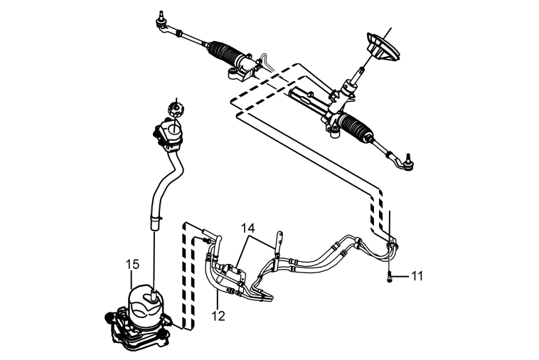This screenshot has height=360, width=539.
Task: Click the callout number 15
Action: pos(132,264)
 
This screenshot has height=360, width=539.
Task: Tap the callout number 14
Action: pos(248,228)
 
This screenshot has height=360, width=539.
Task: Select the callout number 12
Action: pos(218,316)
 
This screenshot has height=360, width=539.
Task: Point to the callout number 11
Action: pos(417,276)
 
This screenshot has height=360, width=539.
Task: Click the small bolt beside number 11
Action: pos(389,276)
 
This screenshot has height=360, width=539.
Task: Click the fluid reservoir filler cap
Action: pos(176,110)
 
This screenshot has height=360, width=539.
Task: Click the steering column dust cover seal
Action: pos(383,48)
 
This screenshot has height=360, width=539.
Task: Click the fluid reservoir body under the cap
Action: pos(169,134)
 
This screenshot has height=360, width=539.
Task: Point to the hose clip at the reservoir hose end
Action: pos(156,218)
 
